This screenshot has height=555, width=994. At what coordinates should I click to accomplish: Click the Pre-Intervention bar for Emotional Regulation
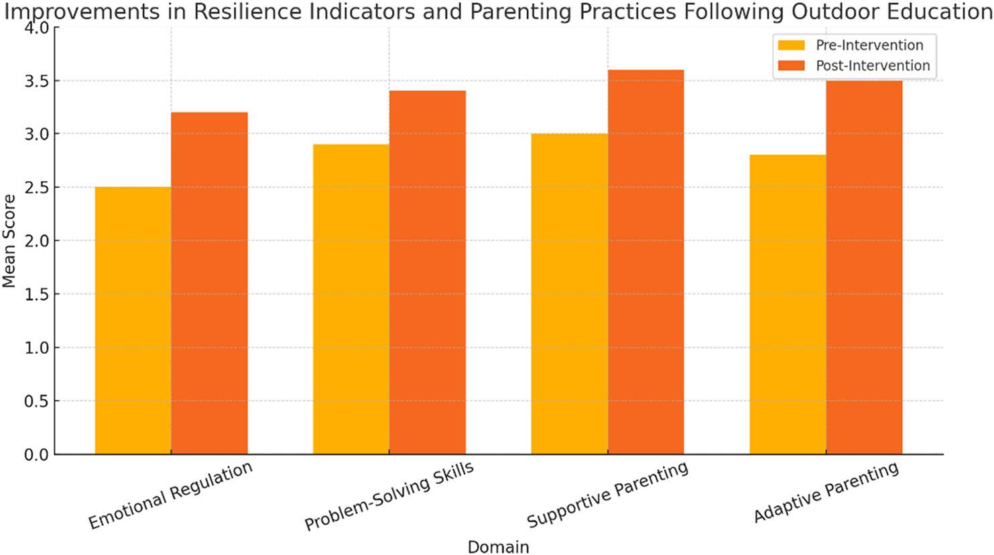pyautogui.click(x=133, y=321)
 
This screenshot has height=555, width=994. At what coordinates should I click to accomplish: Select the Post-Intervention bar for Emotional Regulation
pyautogui.click(x=209, y=283)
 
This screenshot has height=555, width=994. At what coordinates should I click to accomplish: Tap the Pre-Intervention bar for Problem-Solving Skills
pyautogui.click(x=351, y=299)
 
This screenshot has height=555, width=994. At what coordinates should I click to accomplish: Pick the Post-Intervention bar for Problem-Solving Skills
pyautogui.click(x=427, y=272)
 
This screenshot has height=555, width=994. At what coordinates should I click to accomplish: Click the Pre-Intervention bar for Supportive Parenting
pyautogui.click(x=569, y=294)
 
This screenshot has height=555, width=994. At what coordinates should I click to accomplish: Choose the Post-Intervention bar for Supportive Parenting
pyautogui.click(x=645, y=262)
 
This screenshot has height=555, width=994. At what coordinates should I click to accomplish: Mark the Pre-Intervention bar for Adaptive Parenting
pyautogui.click(x=788, y=305)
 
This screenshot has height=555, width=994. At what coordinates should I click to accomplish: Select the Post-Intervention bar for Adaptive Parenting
pyautogui.click(x=864, y=267)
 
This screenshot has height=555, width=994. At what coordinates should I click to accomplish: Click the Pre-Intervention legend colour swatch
pyautogui.click(x=791, y=46)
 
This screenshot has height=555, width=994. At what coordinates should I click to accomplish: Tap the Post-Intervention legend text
pyautogui.click(x=872, y=66)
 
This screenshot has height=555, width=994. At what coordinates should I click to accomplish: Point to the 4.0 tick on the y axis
pyautogui.click(x=38, y=28)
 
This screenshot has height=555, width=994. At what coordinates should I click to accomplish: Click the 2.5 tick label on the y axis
pyautogui.click(x=38, y=187)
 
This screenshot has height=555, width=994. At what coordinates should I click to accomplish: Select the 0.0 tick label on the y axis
pyautogui.click(x=38, y=454)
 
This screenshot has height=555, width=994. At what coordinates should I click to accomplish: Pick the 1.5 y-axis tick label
pyautogui.click(x=38, y=294)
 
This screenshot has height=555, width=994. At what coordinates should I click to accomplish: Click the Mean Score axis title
pyautogui.click(x=9, y=241)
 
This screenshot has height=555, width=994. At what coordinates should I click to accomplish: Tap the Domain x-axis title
pyautogui.click(x=498, y=547)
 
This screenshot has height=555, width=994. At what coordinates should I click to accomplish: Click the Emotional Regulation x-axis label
pyautogui.click(x=171, y=495)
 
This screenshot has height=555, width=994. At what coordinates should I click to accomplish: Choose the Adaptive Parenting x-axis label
pyautogui.click(x=826, y=492)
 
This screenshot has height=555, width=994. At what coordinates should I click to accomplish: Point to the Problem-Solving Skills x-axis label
pyautogui.click(x=389, y=497)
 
